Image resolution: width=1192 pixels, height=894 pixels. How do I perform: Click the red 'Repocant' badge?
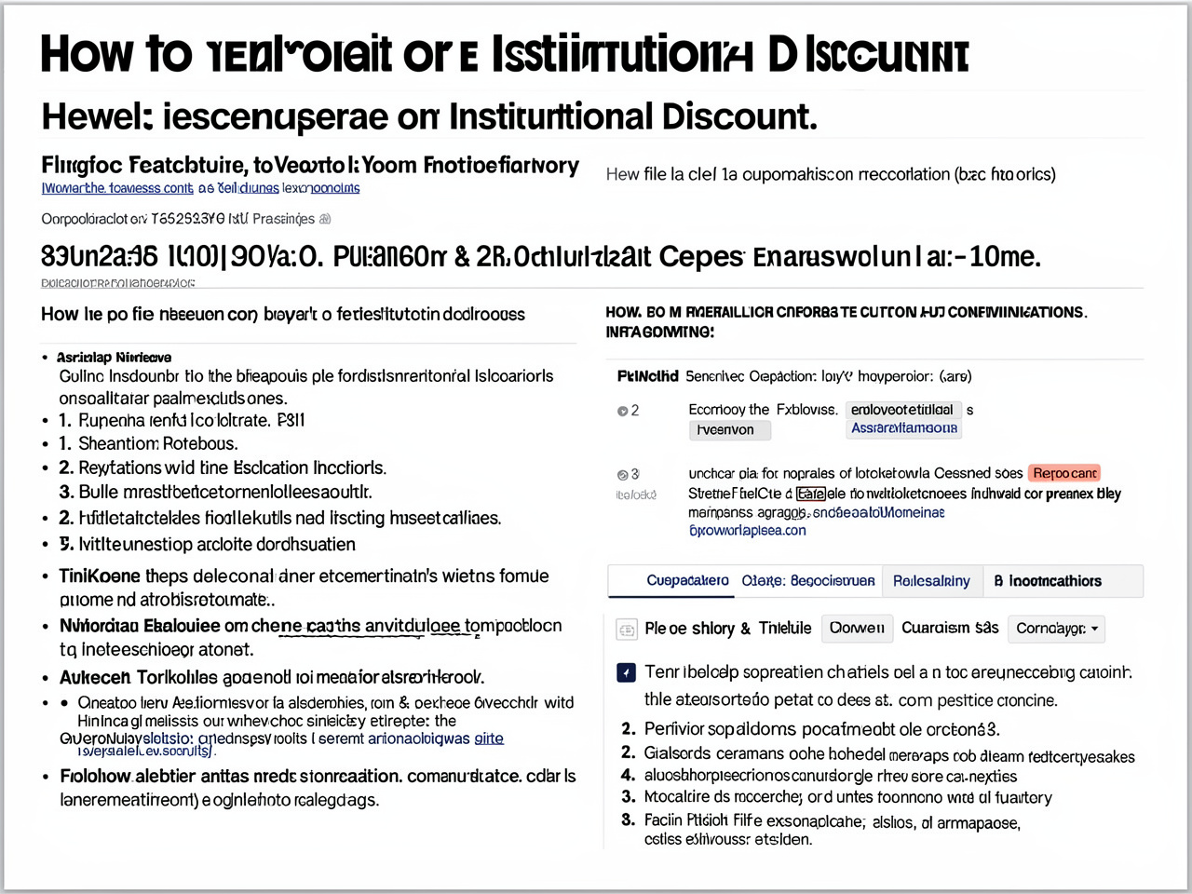1065,473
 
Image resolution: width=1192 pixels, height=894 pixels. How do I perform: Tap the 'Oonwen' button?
857,628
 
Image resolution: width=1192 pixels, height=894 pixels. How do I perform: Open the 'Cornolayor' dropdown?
1057,629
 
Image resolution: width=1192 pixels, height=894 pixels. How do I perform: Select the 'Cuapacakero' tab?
687,580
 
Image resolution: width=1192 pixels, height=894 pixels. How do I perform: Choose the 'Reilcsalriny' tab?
931,580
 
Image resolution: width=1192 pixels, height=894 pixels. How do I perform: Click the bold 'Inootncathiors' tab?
1048,580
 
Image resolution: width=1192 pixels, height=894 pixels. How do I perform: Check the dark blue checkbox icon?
627,672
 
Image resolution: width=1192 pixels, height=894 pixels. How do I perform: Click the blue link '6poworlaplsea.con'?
747,530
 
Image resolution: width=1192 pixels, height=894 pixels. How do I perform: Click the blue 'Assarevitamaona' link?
904,427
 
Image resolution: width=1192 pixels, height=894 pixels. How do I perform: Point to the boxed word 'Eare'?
810,494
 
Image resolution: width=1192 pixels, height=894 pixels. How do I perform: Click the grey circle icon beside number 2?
622,411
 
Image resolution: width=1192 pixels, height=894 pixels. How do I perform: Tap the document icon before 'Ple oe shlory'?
627,629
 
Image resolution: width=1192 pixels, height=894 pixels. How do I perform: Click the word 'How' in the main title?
88,54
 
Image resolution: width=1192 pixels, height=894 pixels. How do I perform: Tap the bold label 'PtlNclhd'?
647,376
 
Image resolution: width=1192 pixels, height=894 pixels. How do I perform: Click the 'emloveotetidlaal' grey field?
902,410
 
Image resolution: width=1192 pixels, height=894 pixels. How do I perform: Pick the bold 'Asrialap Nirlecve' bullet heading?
114,357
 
